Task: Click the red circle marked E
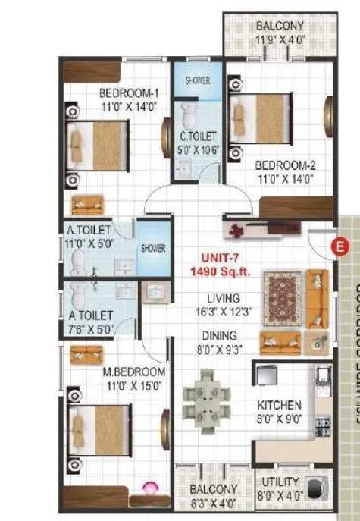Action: [340, 246]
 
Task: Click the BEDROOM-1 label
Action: [127, 93]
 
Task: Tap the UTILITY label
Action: [280, 482]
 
